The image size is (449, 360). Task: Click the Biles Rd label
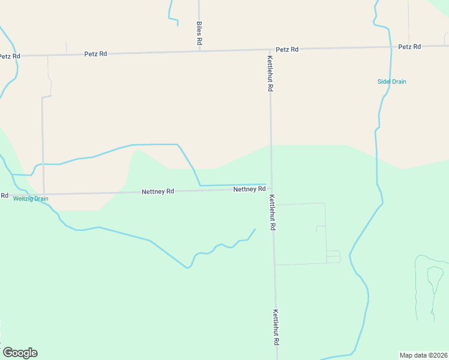pyautogui.click(x=199, y=34)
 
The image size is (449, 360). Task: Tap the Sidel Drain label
pyautogui.click(x=392, y=81)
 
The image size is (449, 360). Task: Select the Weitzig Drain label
pyautogui.click(x=31, y=199)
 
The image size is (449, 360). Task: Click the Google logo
pyautogui.click(x=20, y=353)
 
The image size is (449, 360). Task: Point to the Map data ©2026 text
pyautogui.click(x=423, y=355)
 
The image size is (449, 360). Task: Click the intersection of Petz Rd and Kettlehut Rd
pyautogui.click(x=270, y=50)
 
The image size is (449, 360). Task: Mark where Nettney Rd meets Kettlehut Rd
pyautogui.click(x=271, y=190)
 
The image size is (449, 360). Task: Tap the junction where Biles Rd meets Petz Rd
pyautogui.click(x=199, y=51)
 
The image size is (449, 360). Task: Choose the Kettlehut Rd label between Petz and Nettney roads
pyautogui.click(x=271, y=73)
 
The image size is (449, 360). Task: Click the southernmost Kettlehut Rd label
pyautogui.click(x=276, y=327)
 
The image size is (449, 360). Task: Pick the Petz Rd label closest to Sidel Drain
pyautogui.click(x=409, y=46)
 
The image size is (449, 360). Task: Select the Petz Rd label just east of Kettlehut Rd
pyautogui.click(x=287, y=49)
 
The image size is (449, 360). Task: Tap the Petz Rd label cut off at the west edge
pyautogui.click(x=10, y=56)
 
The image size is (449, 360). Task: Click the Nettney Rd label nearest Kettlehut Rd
pyautogui.click(x=249, y=189)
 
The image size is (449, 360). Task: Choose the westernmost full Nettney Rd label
pyautogui.click(x=158, y=191)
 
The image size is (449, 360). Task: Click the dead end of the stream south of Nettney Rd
pyautogui.click(x=255, y=229)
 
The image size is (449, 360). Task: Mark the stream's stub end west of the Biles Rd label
pyautogui.click(x=178, y=26)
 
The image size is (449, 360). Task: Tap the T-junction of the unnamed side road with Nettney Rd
pyautogui.click(x=44, y=194)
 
